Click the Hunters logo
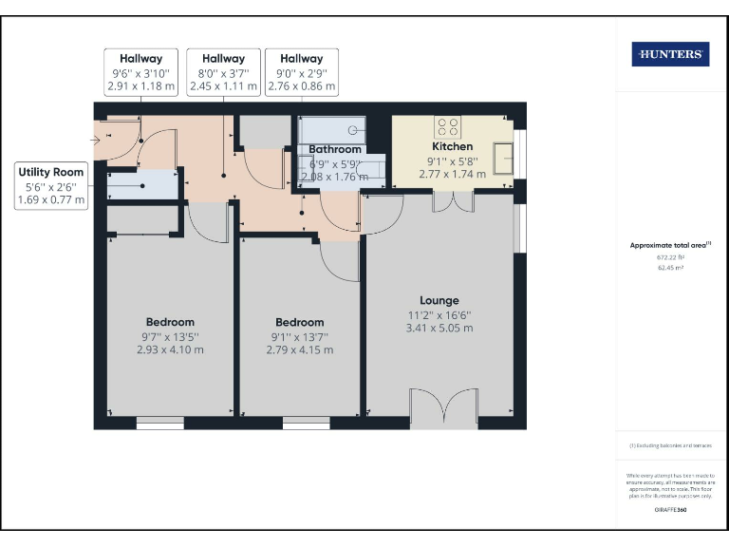click(x=670, y=55)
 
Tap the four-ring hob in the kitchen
click(x=447, y=127)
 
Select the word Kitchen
click(x=452, y=147)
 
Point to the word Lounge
click(x=439, y=300)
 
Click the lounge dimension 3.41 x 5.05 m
click(x=439, y=329)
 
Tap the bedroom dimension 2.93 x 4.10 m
click(x=170, y=349)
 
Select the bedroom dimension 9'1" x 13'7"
click(x=299, y=336)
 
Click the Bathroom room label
click(x=334, y=149)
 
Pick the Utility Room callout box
click(x=52, y=185)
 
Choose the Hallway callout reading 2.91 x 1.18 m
click(x=141, y=72)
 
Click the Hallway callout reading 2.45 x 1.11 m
click(x=223, y=72)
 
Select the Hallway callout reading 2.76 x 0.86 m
click(x=301, y=72)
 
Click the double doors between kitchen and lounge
click(x=452, y=202)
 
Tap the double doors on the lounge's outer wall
click(x=444, y=409)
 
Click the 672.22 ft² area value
click(x=670, y=257)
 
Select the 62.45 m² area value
click(x=670, y=268)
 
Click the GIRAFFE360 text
click(x=670, y=510)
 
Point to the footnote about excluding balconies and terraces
click(x=670, y=445)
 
